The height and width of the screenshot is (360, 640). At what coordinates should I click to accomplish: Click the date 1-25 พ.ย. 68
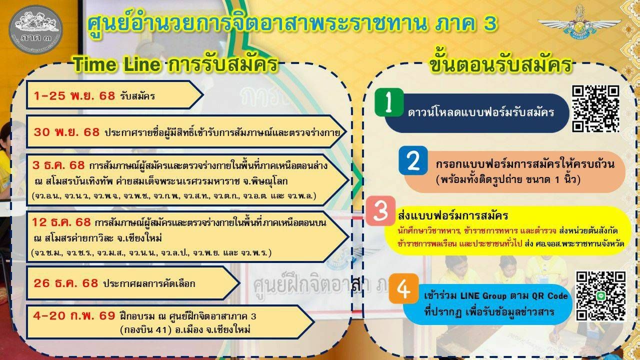pyautogui.click(x=74, y=96)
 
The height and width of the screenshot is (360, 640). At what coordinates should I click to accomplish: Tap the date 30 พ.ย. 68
pyautogui.click(x=66, y=132)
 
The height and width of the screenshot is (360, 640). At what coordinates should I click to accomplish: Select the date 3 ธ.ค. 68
pyautogui.click(x=58, y=165)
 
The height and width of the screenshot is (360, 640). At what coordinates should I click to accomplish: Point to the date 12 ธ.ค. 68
pyautogui.click(x=61, y=221)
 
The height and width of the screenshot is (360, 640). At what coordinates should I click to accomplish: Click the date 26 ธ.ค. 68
pyautogui.click(x=66, y=283)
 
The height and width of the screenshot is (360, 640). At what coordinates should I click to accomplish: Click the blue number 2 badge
pyautogui.click(x=413, y=160)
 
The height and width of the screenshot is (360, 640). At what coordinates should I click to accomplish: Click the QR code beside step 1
pyautogui.click(x=595, y=108)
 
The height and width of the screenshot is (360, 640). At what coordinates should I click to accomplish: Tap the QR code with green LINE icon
pyautogui.click(x=600, y=295)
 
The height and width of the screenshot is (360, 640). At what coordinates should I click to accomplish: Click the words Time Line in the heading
pyautogui.click(x=116, y=65)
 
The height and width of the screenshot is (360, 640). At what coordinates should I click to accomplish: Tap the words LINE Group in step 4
pyautogui.click(x=473, y=295)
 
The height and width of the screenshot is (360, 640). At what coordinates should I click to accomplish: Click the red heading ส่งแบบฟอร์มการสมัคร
pyautogui.click(x=452, y=216)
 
